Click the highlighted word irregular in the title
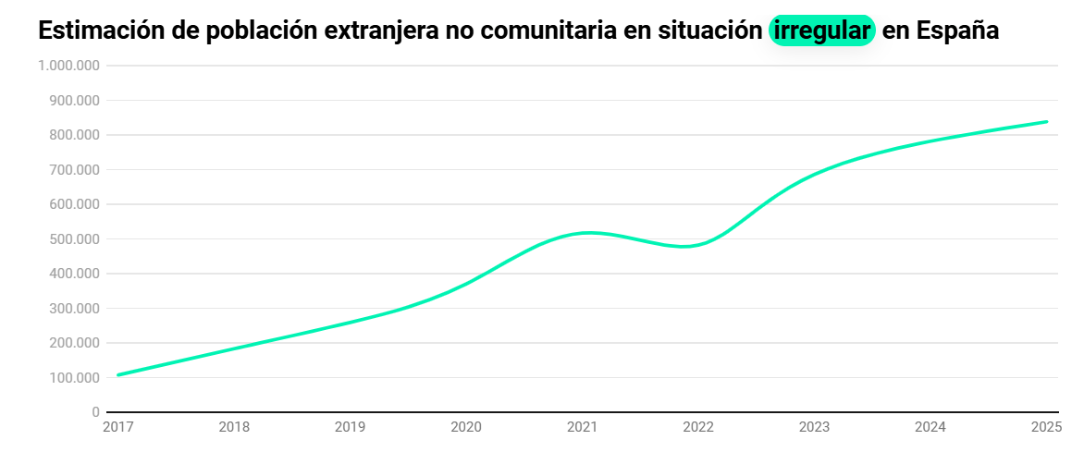821,31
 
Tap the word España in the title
957,31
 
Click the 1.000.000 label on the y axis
69,66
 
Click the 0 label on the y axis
95,412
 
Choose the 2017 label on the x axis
117,427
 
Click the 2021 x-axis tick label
582,427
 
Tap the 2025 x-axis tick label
1046,427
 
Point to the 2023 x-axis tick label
814,427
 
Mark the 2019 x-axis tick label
350,427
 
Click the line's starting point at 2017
118,374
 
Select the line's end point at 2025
1046,121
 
